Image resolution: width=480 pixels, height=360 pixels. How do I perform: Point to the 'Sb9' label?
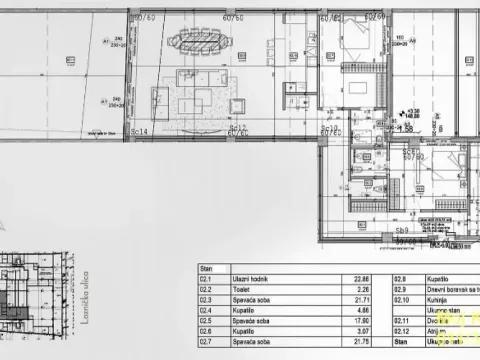[402, 229]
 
